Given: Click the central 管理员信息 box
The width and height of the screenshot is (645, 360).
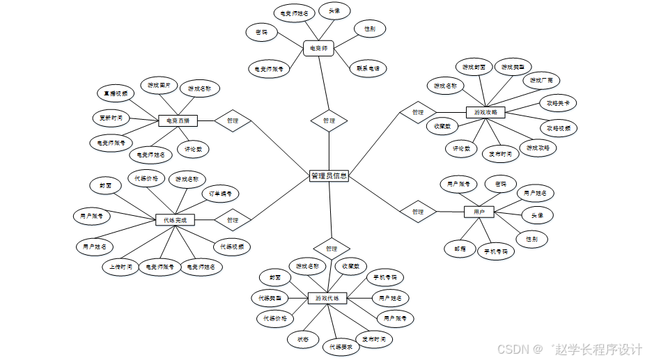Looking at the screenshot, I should [328, 176].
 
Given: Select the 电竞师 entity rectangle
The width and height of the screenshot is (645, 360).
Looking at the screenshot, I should [319, 48].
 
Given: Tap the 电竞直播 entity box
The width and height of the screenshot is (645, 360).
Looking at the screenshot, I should [178, 120].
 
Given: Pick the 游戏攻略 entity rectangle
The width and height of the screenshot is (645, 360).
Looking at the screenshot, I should [485, 111].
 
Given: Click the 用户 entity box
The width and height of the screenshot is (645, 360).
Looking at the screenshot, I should [479, 211].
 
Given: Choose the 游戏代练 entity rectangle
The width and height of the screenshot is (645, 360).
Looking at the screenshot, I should [327, 298].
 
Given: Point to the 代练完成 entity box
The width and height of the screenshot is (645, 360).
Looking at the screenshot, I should [175, 220].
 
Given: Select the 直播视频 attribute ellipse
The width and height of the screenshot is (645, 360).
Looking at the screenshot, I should [116, 93].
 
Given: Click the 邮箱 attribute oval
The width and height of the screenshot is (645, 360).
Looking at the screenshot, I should [460, 247].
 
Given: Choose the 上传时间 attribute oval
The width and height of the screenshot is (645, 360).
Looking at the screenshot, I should [120, 267].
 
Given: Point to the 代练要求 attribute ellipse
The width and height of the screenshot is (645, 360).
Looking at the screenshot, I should [341, 346].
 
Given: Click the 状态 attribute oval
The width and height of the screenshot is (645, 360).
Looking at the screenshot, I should [303, 339].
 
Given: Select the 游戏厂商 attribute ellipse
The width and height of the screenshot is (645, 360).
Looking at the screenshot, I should [541, 81].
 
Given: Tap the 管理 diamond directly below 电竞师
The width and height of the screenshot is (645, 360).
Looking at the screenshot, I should [329, 120].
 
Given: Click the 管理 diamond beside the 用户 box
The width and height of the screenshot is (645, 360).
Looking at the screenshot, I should [417, 211].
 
